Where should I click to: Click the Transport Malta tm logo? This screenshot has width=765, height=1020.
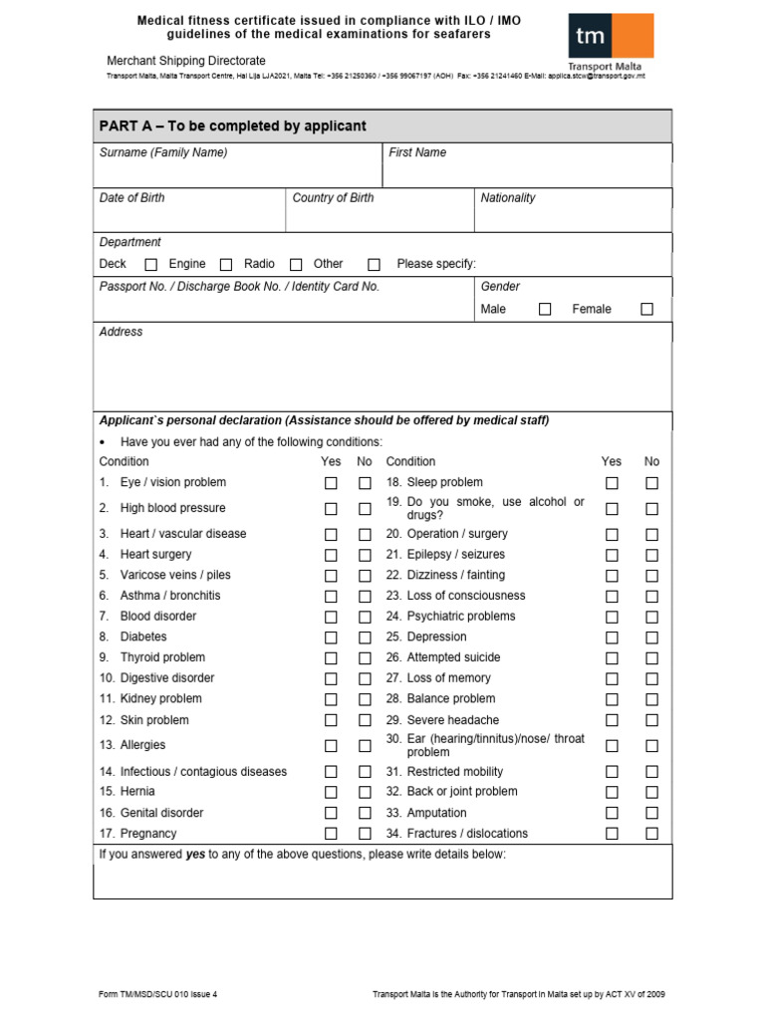pyautogui.click(x=611, y=41)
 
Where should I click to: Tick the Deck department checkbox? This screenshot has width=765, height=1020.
pyautogui.click(x=151, y=265)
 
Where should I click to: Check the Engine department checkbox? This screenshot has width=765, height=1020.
pyautogui.click(x=226, y=265)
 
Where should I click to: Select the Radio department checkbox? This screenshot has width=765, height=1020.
pyautogui.click(x=296, y=265)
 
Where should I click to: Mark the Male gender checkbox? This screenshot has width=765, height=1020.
pyautogui.click(x=545, y=310)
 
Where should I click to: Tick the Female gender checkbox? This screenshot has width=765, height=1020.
pyautogui.click(x=646, y=310)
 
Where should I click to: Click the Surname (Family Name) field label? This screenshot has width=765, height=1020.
pyautogui.click(x=163, y=152)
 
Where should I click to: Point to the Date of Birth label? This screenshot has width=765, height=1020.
pyautogui.click(x=132, y=197)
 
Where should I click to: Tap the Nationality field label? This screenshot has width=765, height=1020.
pyautogui.click(x=508, y=197)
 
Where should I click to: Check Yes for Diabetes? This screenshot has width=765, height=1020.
pyautogui.click(x=331, y=637)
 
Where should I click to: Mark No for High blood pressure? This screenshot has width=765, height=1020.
pyautogui.click(x=365, y=509)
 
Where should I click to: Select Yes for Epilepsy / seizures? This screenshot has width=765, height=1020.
pyautogui.click(x=612, y=555)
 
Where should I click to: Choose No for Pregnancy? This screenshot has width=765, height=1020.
pyautogui.click(x=365, y=834)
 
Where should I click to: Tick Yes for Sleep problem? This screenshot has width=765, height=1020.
pyautogui.click(x=612, y=483)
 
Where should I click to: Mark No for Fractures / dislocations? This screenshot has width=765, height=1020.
pyautogui.click(x=651, y=834)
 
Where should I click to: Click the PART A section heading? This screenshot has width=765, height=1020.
pyautogui.click(x=233, y=126)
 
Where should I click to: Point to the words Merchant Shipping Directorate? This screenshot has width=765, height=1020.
pyautogui.click(x=186, y=61)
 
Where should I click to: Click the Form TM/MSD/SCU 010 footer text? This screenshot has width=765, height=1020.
pyautogui.click(x=157, y=994)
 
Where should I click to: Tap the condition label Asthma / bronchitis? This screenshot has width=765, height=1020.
pyautogui.click(x=170, y=596)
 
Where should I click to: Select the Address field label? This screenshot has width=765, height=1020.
pyautogui.click(x=121, y=332)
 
